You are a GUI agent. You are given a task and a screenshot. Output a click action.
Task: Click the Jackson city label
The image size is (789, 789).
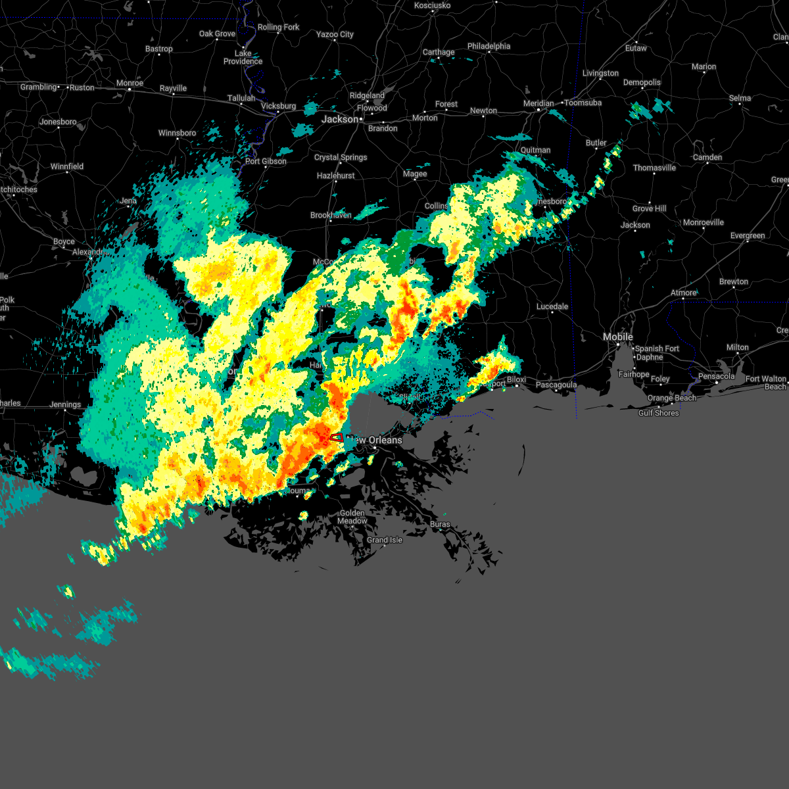pos(340,120)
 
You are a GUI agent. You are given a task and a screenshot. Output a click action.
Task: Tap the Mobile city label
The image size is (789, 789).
pos(618,337)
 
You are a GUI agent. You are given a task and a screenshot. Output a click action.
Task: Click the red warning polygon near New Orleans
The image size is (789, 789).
pos(336,437)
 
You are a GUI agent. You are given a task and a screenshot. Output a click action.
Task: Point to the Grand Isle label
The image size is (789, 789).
pos(385,540)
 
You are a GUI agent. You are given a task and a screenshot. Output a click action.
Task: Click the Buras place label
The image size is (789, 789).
pos(440,524)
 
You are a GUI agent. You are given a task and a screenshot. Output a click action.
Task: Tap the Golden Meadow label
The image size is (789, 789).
pos(352,517)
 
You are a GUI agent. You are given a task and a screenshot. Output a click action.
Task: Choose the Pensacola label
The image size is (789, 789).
pos(716,376)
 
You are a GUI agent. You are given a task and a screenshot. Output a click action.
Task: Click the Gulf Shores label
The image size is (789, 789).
pos(658,413)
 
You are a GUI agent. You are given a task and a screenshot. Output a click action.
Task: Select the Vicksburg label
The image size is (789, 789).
pos(278,106)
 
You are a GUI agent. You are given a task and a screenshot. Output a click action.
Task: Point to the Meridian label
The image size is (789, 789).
pos(538,103)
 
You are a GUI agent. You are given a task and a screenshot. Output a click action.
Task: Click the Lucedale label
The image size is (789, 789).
pos(552,306)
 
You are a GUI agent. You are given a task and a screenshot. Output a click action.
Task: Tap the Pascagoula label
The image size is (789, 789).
pos(556,385)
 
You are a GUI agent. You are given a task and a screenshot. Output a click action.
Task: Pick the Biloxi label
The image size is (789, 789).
pos(516,379)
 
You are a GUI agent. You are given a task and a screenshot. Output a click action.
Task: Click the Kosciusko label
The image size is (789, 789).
pos(432,5)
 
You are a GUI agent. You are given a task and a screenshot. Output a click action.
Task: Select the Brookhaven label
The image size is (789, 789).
pos(331,215)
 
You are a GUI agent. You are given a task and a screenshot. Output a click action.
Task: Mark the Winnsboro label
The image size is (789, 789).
pos(178,133)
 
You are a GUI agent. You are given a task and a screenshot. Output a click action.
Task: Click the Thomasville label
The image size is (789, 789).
pos(654,168)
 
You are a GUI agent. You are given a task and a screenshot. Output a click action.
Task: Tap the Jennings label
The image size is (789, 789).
pos(65,404)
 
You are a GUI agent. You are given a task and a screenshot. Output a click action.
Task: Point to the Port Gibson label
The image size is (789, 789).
pos(266,161)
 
